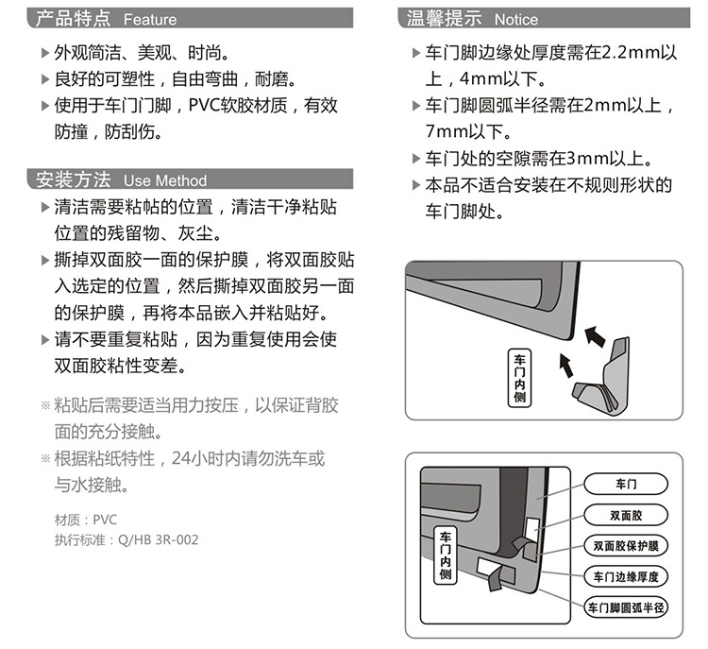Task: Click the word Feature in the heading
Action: (150, 19)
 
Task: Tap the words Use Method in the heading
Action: (165, 180)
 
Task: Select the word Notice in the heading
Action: (516, 19)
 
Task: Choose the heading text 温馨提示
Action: (444, 18)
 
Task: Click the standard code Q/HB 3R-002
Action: (158, 540)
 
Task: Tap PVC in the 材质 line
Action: (105, 520)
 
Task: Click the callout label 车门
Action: (627, 485)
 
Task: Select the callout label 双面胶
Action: (627, 515)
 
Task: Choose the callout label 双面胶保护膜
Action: (627, 545)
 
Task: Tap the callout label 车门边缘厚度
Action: (627, 576)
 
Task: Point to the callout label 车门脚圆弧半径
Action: (627, 606)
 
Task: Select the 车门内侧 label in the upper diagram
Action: (521, 379)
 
